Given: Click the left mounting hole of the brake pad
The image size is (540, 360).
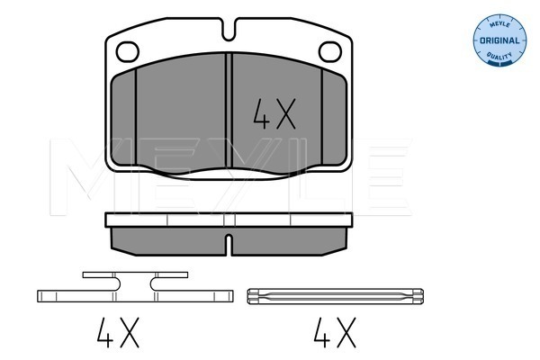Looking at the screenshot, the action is (128, 51).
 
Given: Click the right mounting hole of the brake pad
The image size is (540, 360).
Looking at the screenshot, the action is (330, 51).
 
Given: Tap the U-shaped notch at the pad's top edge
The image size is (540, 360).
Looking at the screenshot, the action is (229, 31).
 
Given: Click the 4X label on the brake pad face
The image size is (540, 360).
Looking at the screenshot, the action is (274, 113).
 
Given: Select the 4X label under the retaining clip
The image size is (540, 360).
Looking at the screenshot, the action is (118, 332).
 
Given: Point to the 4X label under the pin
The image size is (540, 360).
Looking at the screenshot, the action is (335, 332).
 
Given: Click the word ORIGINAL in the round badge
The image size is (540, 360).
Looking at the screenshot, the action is (499, 40).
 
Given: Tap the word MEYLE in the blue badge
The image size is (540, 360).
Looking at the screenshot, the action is (499, 24).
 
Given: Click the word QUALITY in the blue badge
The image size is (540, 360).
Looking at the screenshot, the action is (499, 56).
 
